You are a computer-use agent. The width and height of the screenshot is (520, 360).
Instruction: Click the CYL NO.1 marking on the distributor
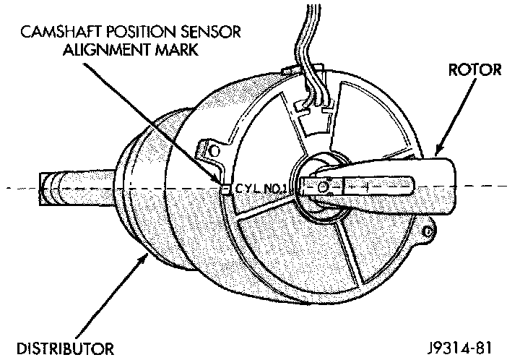pos(257,189)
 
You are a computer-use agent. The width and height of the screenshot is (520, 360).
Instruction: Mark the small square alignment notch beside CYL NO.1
pos(225,190)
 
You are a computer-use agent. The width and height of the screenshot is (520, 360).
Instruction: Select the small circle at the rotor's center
pos(323,187)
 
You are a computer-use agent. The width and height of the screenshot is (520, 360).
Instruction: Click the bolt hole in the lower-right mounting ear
pos(430,233)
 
